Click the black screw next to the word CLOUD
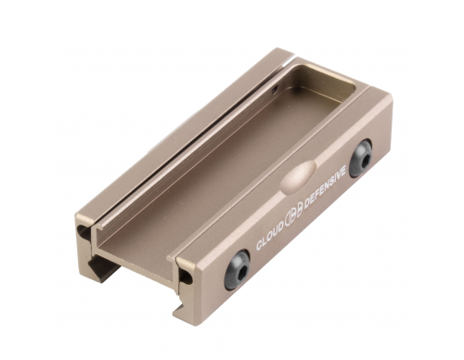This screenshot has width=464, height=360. click(238, 269)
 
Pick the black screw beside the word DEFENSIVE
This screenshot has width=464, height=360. click(361, 159)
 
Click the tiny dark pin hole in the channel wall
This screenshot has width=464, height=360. click(275, 89)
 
